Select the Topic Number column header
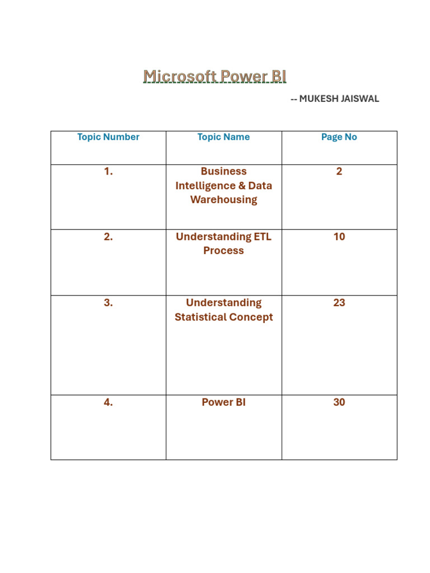108,137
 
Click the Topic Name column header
223,137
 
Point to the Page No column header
339,137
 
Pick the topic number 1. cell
108,172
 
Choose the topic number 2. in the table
108,237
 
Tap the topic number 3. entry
108,303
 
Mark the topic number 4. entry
108,402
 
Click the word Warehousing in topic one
223,200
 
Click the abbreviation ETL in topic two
262,237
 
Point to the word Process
223,251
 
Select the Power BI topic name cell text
223,402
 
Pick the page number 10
339,237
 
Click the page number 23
339,303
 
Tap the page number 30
339,402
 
